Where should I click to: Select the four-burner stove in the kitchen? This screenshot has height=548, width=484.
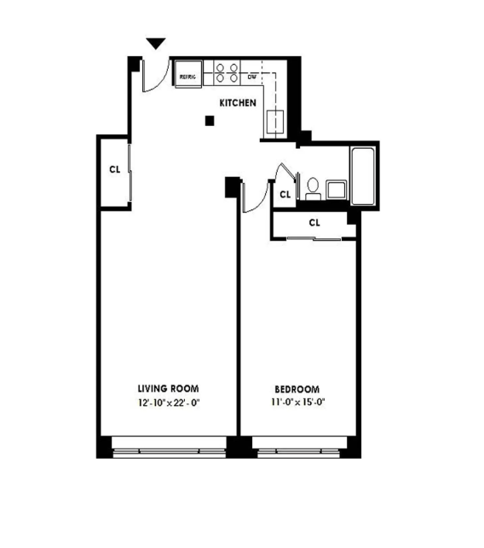[226, 72]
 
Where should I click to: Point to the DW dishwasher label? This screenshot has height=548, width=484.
[252, 77]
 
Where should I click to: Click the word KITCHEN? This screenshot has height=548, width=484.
[238, 102]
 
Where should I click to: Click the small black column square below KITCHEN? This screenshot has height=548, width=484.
[209, 122]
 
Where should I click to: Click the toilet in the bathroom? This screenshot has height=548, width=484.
[313, 186]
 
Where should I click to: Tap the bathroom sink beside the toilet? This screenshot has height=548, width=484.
[335, 188]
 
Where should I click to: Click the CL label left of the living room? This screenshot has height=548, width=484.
[114, 168]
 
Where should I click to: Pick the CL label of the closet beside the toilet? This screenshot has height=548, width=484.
[285, 194]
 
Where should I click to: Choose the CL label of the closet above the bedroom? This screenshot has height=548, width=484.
[314, 222]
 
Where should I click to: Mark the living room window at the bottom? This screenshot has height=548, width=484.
[168, 446]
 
